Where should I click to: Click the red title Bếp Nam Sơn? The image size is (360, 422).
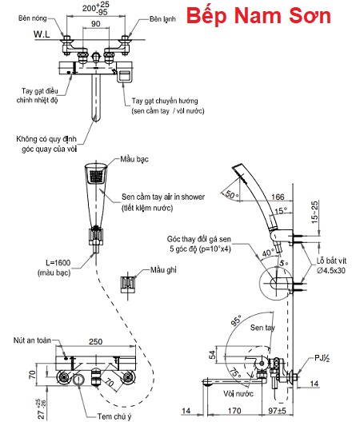(x=258, y=16)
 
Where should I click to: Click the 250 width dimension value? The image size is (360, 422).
(x=96, y=341)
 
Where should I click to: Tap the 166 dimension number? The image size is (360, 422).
(x=278, y=197)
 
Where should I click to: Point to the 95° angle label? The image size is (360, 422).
(x=237, y=320)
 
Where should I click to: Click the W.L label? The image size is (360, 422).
(x=42, y=34)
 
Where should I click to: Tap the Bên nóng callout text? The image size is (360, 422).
(x=32, y=18)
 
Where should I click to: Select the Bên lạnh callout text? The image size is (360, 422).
(x=162, y=19)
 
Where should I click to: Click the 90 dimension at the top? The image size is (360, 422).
(x=96, y=24)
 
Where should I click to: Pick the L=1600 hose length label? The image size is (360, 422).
(x=58, y=262)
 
